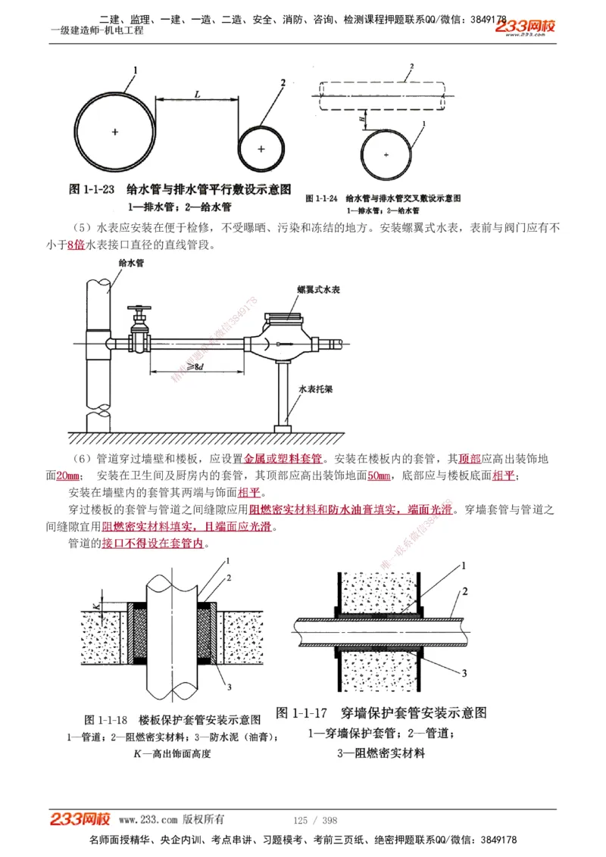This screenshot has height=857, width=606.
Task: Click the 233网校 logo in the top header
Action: (525, 26)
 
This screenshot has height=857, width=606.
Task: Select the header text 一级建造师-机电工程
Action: (96, 31)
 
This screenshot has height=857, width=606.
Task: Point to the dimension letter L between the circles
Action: (197, 95)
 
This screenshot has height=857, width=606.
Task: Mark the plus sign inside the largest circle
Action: (115, 132)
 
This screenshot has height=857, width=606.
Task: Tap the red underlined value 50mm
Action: (379, 475)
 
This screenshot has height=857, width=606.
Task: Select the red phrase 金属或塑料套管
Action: (283, 459)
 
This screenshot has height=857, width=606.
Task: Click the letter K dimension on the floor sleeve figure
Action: (95, 603)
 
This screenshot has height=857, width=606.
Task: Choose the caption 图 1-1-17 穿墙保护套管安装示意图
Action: (381, 713)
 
